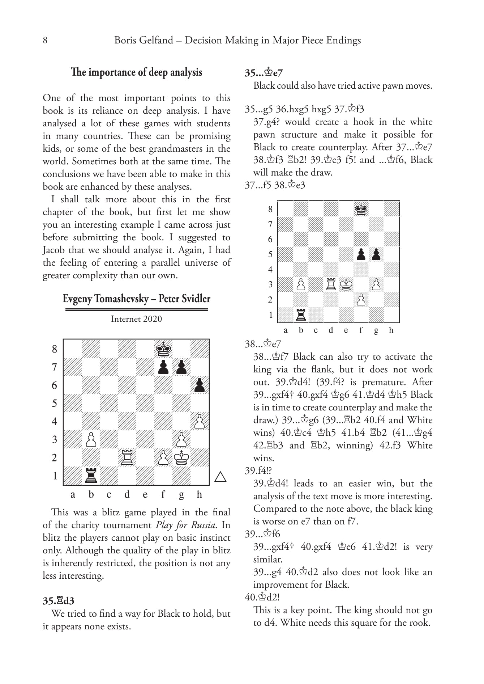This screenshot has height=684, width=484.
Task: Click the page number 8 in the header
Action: [45, 40]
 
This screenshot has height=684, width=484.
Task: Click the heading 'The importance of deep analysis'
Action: [137, 72]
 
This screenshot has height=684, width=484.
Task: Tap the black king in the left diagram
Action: [163, 349]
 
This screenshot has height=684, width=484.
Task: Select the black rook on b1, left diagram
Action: [91, 476]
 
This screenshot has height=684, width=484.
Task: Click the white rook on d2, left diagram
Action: [127, 457]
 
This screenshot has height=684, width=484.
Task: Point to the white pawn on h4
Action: [200, 422]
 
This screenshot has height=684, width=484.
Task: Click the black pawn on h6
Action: [200, 385]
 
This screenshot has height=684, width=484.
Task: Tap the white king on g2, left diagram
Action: [181, 457]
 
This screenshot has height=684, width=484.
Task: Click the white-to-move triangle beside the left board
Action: [220, 477]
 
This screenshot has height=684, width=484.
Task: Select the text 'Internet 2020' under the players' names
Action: [136, 319]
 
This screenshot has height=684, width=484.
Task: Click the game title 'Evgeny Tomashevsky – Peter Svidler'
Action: [136, 299]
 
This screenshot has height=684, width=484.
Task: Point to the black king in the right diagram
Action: [361, 209]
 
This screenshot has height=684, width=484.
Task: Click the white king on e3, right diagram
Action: [346, 284]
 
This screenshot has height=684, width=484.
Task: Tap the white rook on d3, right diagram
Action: [331, 284]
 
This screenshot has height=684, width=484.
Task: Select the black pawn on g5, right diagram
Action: [376, 254]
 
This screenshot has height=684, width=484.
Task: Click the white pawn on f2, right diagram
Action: [361, 300]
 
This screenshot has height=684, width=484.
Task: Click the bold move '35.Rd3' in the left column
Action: [59, 601]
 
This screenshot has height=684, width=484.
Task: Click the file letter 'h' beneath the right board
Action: [391, 330]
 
